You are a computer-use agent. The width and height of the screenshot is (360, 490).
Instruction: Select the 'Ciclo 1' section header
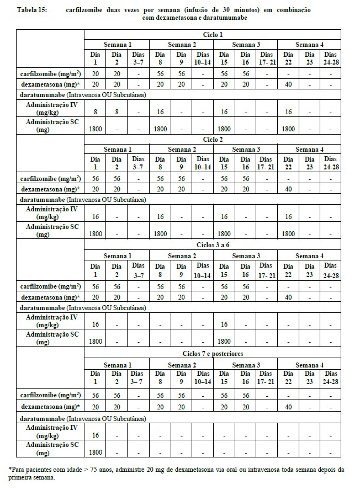[213, 34]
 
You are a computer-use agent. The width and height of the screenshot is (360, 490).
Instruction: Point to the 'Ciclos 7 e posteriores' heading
[213, 354]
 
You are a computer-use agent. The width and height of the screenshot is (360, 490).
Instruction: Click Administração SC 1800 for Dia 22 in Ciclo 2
[287, 234]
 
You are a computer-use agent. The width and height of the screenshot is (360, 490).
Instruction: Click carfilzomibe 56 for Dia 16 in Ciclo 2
[245, 179]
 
